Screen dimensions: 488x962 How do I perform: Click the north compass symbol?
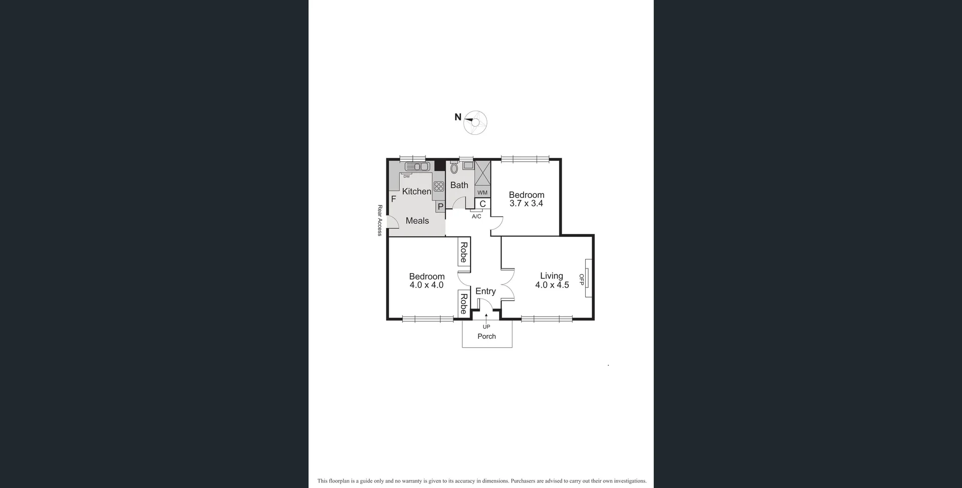475,122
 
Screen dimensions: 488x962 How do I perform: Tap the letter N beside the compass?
457,117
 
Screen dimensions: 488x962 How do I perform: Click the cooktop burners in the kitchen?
439,187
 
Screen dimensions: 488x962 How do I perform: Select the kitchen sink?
417,166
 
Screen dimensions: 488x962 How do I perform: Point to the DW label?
406,176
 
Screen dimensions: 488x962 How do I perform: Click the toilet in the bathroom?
454,168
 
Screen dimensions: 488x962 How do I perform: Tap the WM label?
483,192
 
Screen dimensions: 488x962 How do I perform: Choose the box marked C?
483,204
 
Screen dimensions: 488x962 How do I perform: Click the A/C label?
476,216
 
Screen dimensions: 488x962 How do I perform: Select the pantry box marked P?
440,206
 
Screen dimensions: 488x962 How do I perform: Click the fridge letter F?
393,199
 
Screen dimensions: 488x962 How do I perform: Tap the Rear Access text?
380,220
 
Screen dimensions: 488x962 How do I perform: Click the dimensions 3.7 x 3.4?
526,203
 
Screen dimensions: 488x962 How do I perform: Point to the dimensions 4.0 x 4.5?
552,285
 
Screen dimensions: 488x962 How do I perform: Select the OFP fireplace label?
582,280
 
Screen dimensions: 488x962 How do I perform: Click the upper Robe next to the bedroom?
463,252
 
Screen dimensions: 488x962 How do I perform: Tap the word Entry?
485,291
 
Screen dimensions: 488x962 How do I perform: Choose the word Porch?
487,336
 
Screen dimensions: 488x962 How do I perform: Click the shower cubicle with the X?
483,173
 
